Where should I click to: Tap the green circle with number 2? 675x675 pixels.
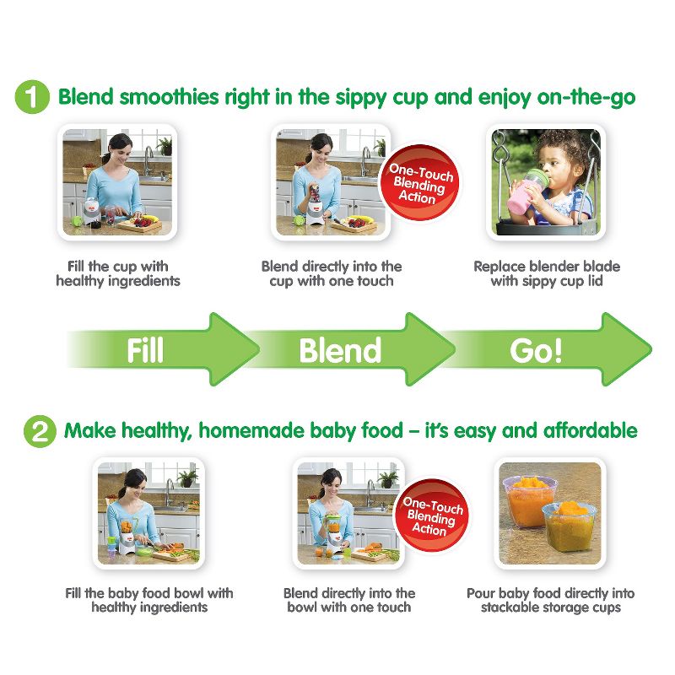click(x=38, y=432)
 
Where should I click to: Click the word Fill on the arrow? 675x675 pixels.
click(x=144, y=350)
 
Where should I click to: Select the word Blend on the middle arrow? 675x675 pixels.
click(x=339, y=350)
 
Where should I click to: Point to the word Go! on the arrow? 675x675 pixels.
click(x=535, y=350)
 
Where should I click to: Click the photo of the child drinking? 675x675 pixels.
click(x=546, y=181)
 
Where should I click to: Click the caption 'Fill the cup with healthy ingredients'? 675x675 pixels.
click(x=118, y=273)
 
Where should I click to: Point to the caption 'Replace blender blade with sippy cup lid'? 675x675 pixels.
click(x=546, y=273)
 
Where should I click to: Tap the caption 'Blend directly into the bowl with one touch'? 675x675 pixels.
click(x=349, y=600)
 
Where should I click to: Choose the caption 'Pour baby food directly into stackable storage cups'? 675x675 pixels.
click(x=550, y=600)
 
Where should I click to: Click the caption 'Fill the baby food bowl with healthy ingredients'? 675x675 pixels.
click(x=149, y=600)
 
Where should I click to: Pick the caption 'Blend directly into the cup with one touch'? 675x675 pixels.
click(x=332, y=273)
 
